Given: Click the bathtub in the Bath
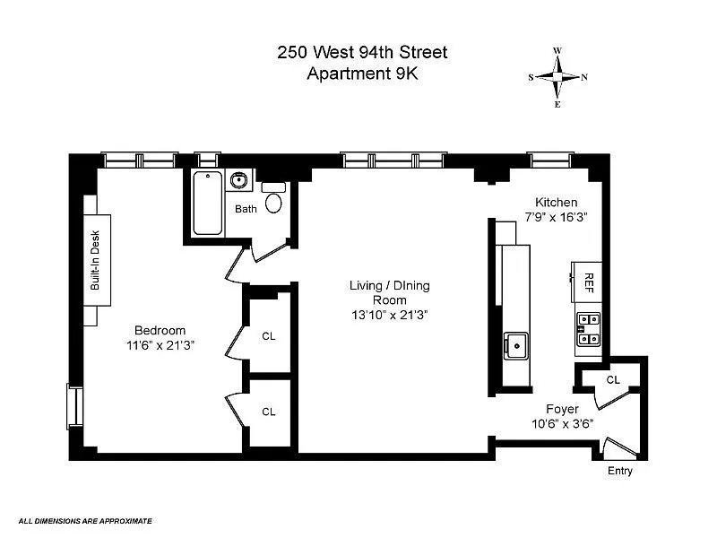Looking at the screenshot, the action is [208, 203].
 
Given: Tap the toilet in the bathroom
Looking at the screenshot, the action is [273, 197].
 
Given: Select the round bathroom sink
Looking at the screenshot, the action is [238, 180].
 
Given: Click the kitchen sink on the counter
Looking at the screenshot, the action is [516, 346].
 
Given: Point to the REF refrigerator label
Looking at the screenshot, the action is [589, 282].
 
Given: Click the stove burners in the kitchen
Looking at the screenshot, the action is [588, 329].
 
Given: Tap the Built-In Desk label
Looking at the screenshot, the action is [95, 260].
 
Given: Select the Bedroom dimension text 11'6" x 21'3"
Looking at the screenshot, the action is [160, 345].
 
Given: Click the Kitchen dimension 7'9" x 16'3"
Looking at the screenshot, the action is [556, 217].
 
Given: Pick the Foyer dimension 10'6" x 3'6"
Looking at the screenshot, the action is [563, 424].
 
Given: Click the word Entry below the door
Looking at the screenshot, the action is [620, 471].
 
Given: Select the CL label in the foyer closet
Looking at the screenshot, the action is [613, 379].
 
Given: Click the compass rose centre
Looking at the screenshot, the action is [557, 77].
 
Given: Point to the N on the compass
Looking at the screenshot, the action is [584, 77].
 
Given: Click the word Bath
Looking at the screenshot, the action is [246, 209].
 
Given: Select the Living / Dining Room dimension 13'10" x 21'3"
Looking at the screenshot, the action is [390, 316].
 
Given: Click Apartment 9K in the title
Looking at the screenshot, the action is [362, 74].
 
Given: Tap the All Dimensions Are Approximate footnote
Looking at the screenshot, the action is [85, 521].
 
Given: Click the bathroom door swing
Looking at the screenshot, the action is [270, 253].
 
